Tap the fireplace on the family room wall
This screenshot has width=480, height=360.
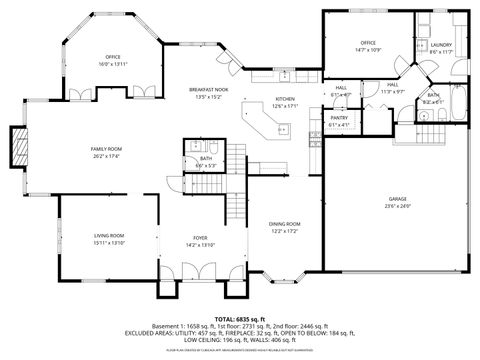click(x=18, y=147)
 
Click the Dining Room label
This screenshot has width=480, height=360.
click(x=285, y=223)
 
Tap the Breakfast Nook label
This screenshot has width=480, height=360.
click(x=208, y=90)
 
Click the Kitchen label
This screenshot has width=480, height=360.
click(x=285, y=99)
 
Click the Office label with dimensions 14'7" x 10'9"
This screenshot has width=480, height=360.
click(x=367, y=43)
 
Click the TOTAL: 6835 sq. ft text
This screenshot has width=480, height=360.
click(x=239, y=318)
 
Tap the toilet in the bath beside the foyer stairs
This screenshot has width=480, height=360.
click(x=192, y=150)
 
